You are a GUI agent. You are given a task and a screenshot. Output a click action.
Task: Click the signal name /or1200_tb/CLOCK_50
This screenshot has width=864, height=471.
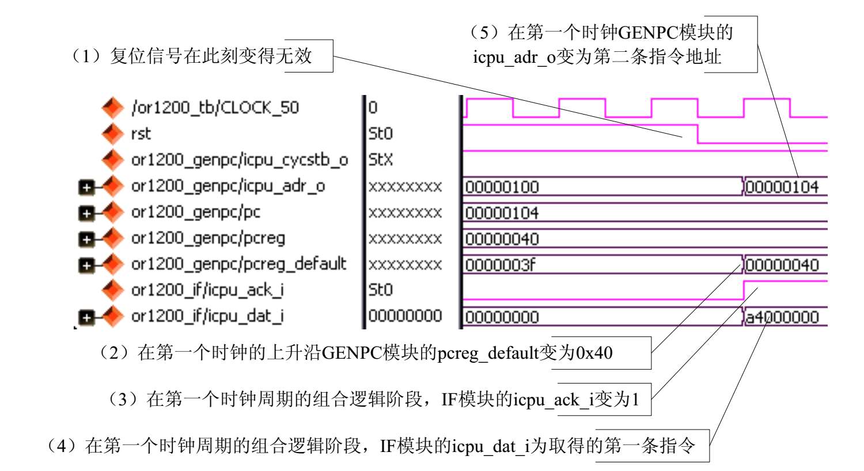pos(215,108)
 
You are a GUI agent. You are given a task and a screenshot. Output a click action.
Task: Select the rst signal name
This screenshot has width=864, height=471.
pos(141,134)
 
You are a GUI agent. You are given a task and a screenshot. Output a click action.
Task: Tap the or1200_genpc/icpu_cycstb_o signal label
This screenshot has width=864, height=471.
pos(240,159)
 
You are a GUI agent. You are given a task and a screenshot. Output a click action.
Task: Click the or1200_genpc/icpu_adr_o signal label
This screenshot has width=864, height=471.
pos(228,186)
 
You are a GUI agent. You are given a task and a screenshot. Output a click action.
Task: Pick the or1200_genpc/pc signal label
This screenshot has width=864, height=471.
pos(196,212)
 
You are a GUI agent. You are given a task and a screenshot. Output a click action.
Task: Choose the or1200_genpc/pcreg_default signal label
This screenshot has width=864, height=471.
pos(239,264)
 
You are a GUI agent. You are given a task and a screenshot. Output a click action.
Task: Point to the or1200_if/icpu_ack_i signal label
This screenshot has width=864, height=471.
pos(207,290)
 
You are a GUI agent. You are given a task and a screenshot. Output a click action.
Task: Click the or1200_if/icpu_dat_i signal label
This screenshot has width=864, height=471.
pos(207,316)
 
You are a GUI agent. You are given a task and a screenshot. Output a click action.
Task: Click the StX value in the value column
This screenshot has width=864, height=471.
pos(381,159)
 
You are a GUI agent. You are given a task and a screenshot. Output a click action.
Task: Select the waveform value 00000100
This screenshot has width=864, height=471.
pos(502,187)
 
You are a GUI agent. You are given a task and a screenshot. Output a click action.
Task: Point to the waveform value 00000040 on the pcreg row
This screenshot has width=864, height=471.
pos(502,239)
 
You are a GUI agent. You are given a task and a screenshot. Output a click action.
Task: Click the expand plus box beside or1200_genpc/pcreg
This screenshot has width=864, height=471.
pos(86,239)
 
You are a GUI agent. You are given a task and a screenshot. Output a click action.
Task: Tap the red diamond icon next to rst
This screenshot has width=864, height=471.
pos(112,134)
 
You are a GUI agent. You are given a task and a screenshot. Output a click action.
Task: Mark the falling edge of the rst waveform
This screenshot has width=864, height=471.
pos(698,134)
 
